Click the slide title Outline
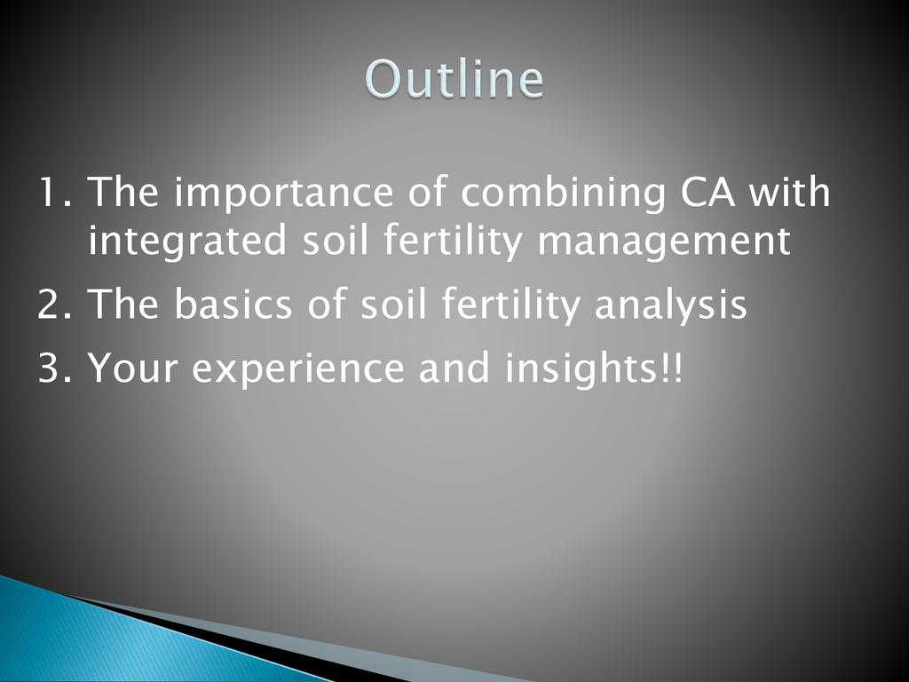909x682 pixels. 454,78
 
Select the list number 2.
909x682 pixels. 54,304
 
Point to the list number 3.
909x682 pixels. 54,367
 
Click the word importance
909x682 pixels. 283,194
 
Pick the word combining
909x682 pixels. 563,194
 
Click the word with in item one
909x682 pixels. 789,191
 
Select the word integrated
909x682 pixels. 187,242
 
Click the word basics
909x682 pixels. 233,302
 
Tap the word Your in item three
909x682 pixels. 132,367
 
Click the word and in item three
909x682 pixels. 454,366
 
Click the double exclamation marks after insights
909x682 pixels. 671,367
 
